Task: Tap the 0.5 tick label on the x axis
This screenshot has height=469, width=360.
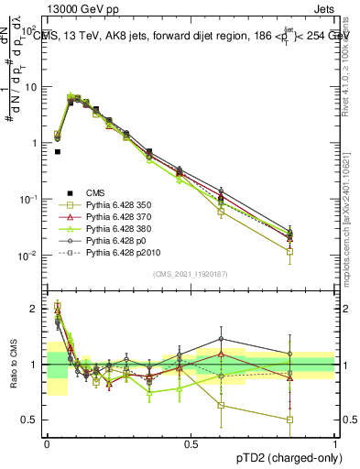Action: (191, 444)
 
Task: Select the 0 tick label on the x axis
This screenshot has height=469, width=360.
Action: (47, 444)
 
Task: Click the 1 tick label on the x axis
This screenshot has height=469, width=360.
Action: (335, 444)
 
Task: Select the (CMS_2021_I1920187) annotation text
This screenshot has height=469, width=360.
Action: (191, 274)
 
